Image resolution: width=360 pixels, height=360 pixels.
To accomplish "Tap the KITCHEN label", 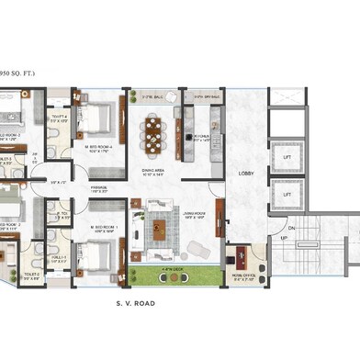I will pos(199,135).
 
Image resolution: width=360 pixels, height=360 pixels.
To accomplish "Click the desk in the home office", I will pos(242,252).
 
